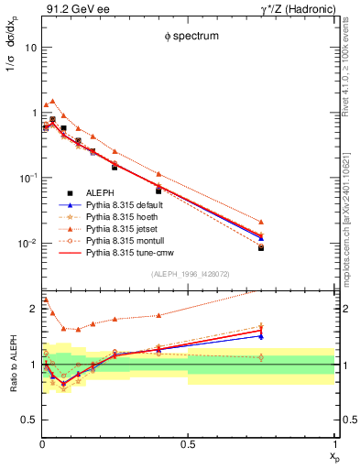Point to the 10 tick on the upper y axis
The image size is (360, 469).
30,47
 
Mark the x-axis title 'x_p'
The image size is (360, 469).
332,455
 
